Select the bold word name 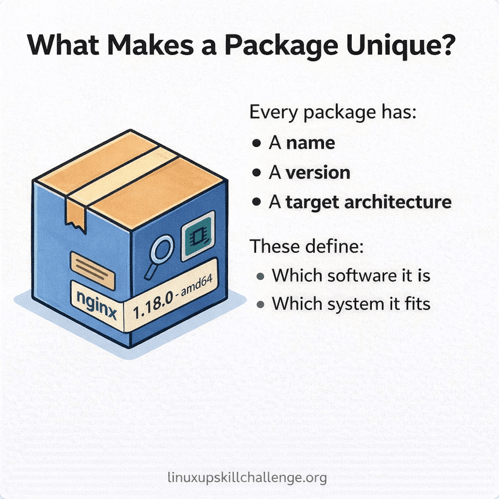(x=310, y=143)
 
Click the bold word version (x=317, y=173)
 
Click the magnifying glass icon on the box (x=159, y=255)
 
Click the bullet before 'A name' (x=256, y=144)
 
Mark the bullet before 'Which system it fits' (x=259, y=304)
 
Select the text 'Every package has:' (x=332, y=112)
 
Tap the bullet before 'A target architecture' (x=256, y=202)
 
